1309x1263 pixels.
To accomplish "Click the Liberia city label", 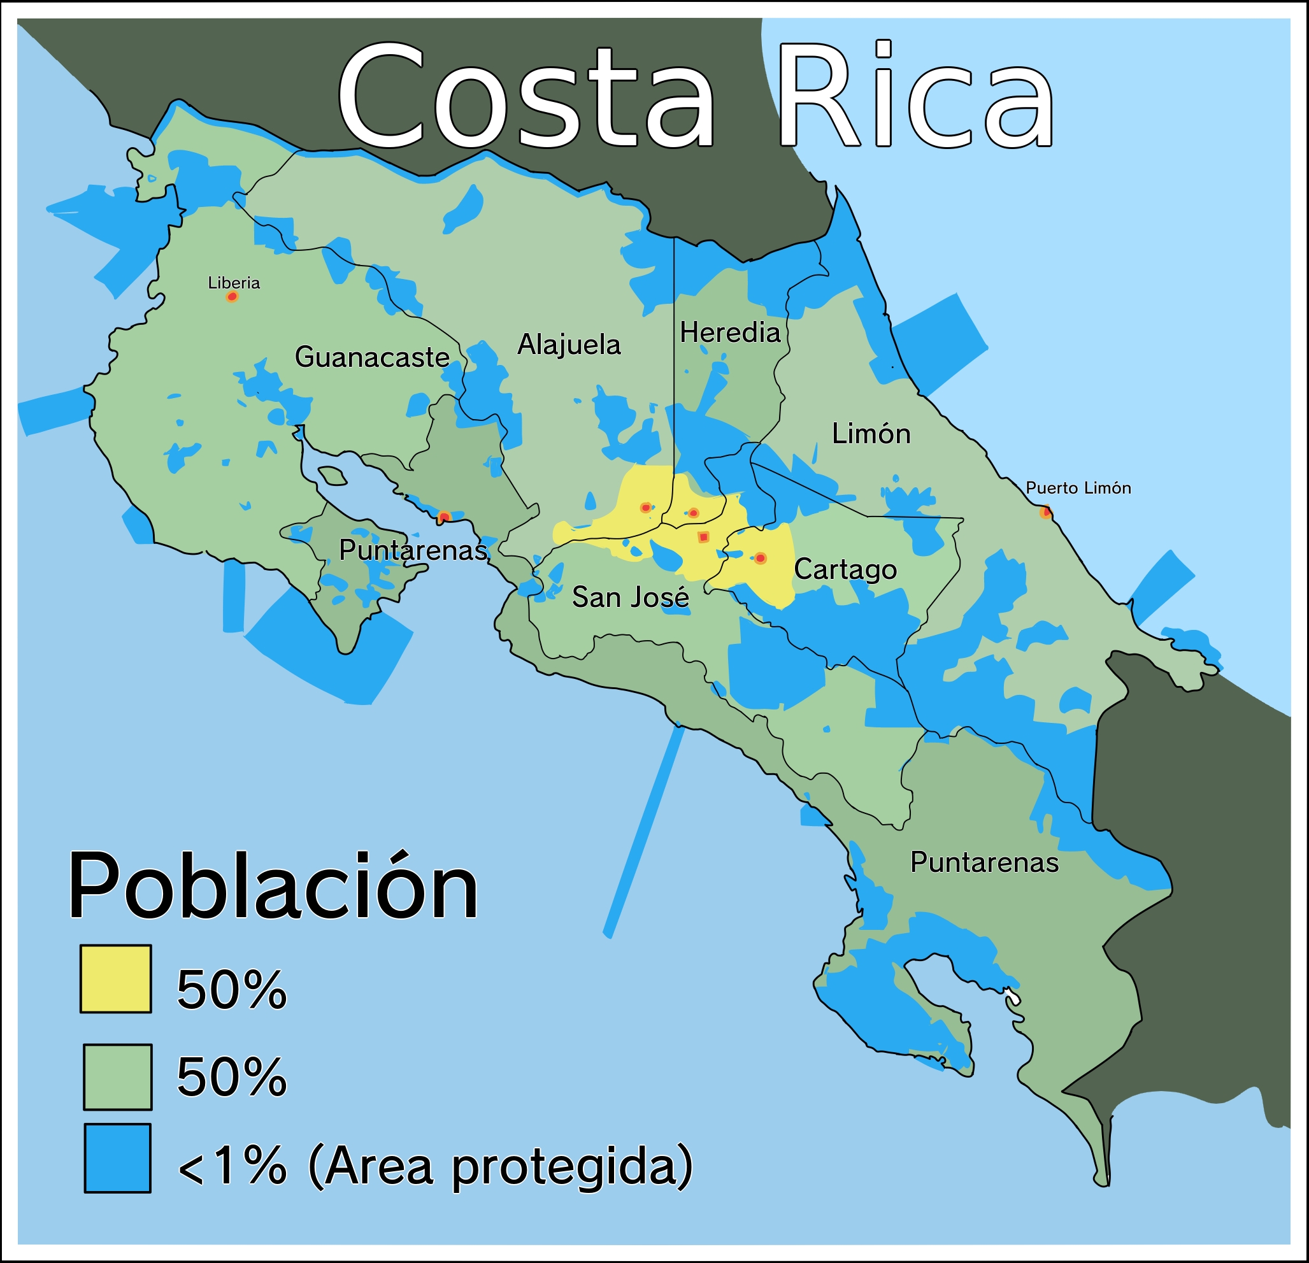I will (x=234, y=283).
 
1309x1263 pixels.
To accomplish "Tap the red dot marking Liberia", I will (x=232, y=297).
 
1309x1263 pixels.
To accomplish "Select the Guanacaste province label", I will (x=371, y=357).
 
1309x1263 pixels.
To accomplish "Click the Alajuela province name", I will (x=569, y=345).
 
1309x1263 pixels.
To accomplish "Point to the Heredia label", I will (x=730, y=332).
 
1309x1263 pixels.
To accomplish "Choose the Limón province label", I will (x=871, y=434).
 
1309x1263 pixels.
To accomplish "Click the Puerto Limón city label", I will (x=1078, y=489).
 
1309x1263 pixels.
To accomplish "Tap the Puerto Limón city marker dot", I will (x=1046, y=512).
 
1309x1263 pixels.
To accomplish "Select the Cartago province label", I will (x=845, y=569).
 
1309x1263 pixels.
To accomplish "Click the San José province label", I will (x=630, y=597).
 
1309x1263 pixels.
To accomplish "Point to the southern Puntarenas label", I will (x=984, y=862).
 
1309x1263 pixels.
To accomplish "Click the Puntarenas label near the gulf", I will (x=413, y=550).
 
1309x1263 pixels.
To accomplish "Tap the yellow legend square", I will (x=115, y=978).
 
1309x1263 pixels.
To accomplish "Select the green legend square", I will (x=118, y=1076).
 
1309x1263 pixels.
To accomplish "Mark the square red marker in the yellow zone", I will (x=703, y=538).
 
